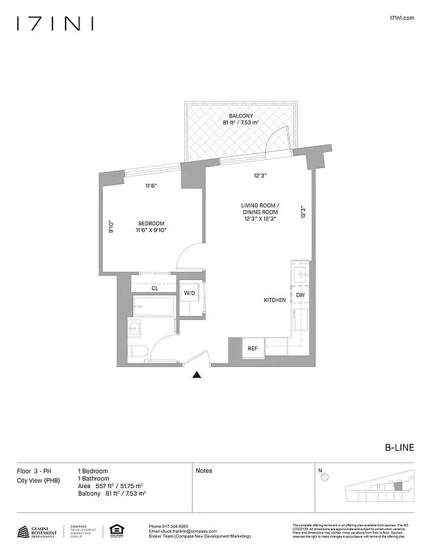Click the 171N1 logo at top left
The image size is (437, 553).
55,24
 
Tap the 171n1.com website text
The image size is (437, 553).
402,19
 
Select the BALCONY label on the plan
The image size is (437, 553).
240,115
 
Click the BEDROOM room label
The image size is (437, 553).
151,223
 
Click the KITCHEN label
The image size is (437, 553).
275,300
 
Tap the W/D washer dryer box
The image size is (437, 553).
189,293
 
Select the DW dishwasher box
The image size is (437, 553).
300,295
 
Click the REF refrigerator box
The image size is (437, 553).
253,348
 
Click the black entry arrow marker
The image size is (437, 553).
197,375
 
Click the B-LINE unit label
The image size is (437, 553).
399,447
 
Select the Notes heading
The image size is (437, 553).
204,471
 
